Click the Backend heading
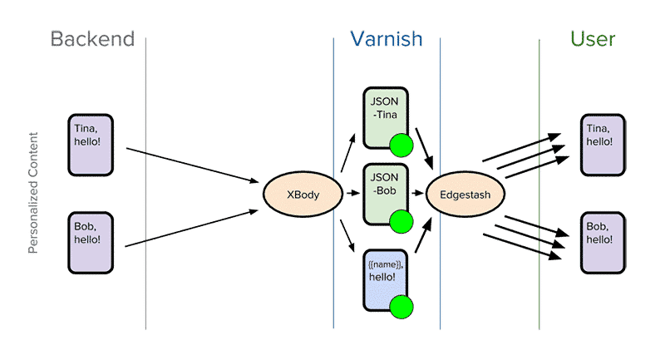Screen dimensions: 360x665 click(x=91, y=40)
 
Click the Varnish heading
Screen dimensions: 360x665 click(x=385, y=39)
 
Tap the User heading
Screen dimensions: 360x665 click(x=592, y=39)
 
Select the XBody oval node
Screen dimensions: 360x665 click(x=303, y=195)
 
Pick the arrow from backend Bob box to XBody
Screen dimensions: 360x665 click(x=191, y=228)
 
